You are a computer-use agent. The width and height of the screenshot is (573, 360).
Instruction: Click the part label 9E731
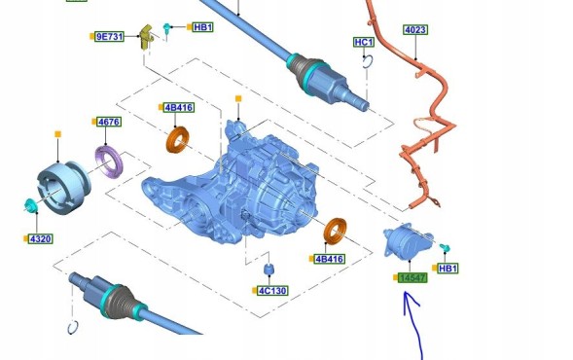click(109, 37)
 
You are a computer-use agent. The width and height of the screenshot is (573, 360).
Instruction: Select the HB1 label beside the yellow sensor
click(202, 27)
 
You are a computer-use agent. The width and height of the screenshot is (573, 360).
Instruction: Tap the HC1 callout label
click(364, 43)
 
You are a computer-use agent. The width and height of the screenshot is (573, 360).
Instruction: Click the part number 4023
click(415, 29)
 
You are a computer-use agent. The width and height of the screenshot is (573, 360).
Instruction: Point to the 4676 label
click(109, 122)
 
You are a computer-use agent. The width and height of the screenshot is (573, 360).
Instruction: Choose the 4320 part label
click(41, 239)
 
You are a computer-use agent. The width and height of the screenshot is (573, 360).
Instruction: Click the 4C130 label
click(272, 291)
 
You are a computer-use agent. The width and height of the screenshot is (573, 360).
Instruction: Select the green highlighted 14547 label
click(412, 278)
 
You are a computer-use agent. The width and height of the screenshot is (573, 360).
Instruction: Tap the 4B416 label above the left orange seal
click(179, 107)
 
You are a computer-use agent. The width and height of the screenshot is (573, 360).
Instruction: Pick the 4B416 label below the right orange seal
click(329, 259)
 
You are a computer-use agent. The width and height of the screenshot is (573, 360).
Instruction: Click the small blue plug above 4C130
click(269, 270)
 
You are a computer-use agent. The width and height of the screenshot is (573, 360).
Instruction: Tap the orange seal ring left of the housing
click(178, 139)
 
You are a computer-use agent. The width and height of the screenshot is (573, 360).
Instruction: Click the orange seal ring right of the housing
click(336, 232)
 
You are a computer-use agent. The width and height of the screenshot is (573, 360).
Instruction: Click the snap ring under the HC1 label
click(368, 61)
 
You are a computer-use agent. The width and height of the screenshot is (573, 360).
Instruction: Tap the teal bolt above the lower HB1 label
click(445, 248)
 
